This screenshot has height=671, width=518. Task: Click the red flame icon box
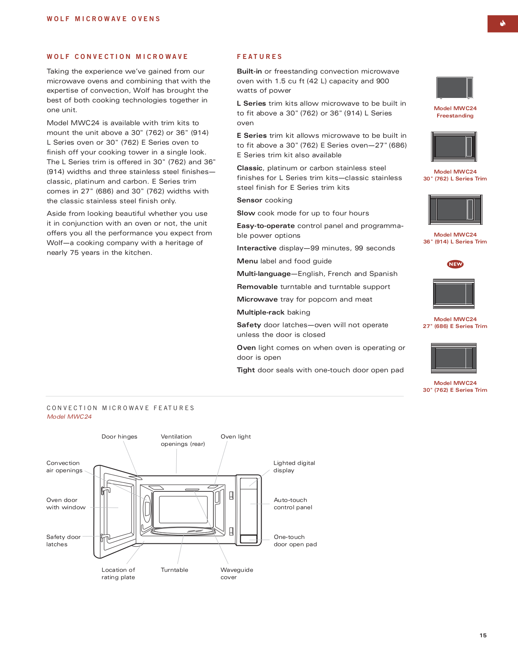pyautogui.click(x=502, y=24)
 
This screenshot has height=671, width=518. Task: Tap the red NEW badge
pyautogui.click(x=455, y=264)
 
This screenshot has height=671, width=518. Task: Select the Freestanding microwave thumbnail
pyautogui.click(x=455, y=87)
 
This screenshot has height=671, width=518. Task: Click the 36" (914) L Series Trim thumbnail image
pyautogui.click(x=455, y=210)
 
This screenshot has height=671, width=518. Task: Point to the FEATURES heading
pyautogui.click(x=260, y=57)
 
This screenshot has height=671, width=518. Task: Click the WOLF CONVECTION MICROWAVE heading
pyautogui.click(x=117, y=57)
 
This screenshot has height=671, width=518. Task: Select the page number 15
pyautogui.click(x=483, y=635)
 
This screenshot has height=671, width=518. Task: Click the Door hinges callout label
pyautogui.click(x=119, y=436)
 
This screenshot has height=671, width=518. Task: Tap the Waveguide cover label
pyautogui.click(x=236, y=573)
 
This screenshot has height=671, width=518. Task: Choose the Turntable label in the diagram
pyautogui.click(x=174, y=570)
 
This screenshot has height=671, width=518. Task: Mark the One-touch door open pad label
pyautogui.click(x=295, y=541)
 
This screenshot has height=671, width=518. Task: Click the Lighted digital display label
pyautogui.click(x=294, y=467)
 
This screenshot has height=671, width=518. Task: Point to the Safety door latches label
pyautogui.click(x=63, y=541)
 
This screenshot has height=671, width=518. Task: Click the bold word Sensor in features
pyautogui.click(x=249, y=200)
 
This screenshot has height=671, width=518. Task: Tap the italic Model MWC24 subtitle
pyautogui.click(x=69, y=417)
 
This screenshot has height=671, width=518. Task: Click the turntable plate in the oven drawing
pyautogui.click(x=183, y=531)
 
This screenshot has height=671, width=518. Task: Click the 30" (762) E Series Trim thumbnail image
pyautogui.click(x=454, y=358)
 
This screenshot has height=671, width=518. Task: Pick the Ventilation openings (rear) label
pyautogui.click(x=182, y=440)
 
